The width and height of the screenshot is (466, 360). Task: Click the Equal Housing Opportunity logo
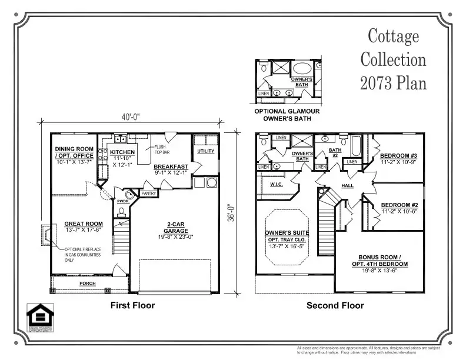click(x=40, y=317)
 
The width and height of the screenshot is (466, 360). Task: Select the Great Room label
click(x=83, y=224)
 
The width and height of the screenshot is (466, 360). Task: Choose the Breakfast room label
click(x=171, y=166)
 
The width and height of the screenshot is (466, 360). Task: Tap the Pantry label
click(x=148, y=193)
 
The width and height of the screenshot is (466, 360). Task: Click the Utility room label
click(x=206, y=151)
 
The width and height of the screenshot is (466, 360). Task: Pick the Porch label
click(x=88, y=284)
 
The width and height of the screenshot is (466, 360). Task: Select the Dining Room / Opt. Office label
click(x=74, y=152)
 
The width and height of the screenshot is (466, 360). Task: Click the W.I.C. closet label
click(x=277, y=185)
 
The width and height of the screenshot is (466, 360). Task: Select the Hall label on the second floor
click(x=348, y=186)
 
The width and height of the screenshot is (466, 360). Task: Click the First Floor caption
click(x=132, y=306)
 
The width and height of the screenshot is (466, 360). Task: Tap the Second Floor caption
click(x=335, y=306)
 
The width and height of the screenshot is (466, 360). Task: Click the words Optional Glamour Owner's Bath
click(x=287, y=115)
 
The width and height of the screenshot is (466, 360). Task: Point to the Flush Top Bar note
click(x=162, y=150)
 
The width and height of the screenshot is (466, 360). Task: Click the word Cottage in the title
click(x=393, y=36)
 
